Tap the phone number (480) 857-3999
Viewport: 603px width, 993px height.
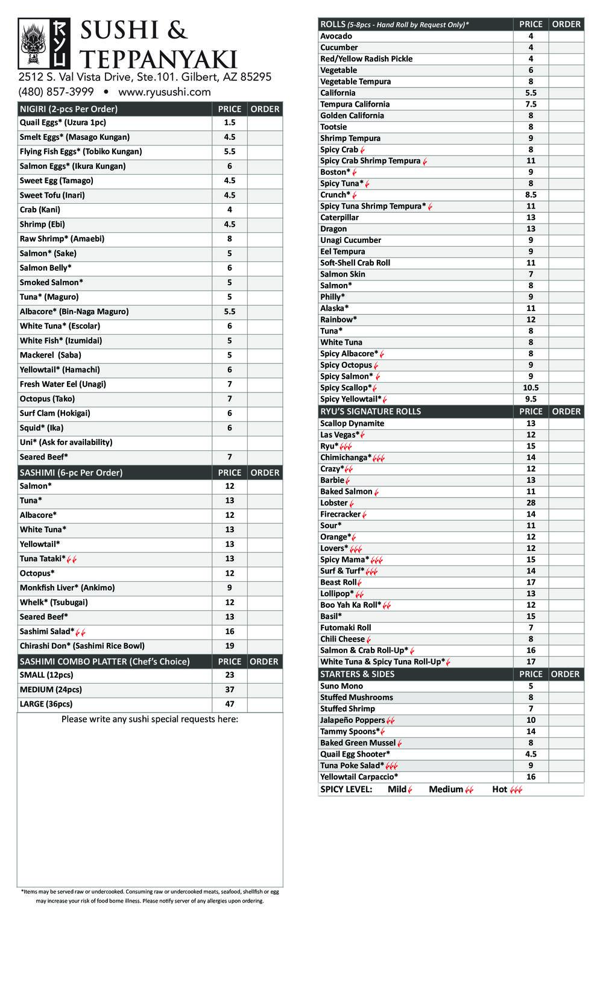coord(56,92)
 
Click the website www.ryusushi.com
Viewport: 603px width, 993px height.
coord(165,92)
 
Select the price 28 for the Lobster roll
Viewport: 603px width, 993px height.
coord(531,503)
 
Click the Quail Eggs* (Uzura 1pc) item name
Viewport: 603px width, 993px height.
coord(63,122)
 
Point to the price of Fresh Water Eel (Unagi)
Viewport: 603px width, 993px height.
coord(229,384)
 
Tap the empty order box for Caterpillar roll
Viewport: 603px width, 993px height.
coord(566,218)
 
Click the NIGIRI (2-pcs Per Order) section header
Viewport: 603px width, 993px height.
coord(69,109)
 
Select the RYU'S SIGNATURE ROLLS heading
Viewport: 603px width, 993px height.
coord(370,411)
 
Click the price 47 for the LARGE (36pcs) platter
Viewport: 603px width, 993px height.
coord(229,704)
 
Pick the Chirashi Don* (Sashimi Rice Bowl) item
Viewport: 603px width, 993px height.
coord(82,646)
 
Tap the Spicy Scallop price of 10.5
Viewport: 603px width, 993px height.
coord(531,388)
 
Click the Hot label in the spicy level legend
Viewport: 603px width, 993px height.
coord(499,789)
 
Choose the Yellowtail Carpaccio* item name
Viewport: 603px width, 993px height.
coord(359,777)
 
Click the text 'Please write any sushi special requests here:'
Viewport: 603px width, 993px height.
coord(150,719)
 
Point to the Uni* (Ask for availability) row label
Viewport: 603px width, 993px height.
coord(66,442)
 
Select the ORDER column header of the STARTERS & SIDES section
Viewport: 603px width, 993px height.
coord(566,674)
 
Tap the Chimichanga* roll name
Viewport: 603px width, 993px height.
coord(346,458)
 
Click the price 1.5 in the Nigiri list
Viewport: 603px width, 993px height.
coord(229,122)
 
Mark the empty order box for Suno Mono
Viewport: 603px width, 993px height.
coord(566,686)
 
